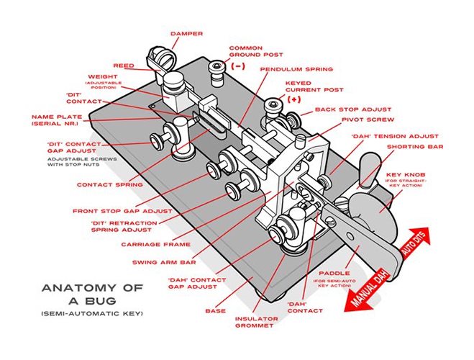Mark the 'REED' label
tap(124, 66)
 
